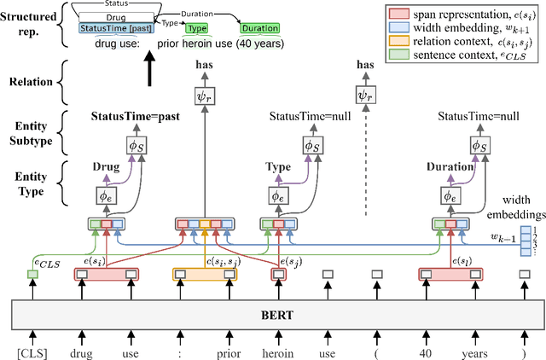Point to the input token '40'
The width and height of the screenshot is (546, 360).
click(426, 350)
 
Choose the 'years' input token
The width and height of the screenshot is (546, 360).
click(473, 350)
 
